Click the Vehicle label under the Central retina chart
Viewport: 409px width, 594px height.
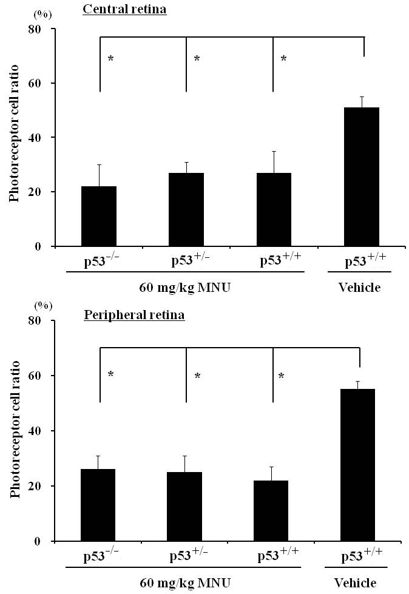pos(359,288)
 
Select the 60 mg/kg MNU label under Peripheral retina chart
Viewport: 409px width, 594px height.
pos(185,583)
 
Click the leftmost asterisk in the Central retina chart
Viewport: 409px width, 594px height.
pos(111,59)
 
